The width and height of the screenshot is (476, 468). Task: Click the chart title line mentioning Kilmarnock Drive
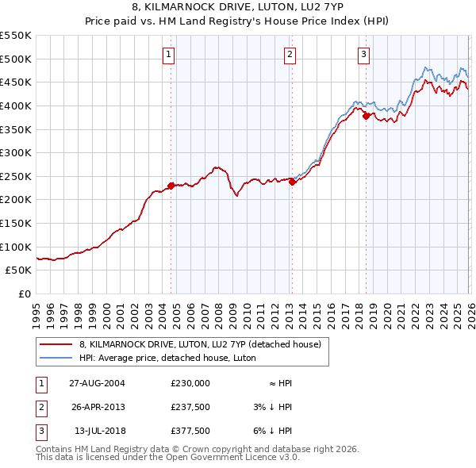tap(237, 8)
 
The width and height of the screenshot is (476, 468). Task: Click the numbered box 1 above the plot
tap(170, 55)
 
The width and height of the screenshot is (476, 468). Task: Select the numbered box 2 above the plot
tap(290, 55)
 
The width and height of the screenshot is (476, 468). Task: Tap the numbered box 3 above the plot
tap(363, 55)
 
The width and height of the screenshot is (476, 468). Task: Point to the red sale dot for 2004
tap(171, 186)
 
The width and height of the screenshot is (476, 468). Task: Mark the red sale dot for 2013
tap(291, 182)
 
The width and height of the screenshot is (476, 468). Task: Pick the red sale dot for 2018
tap(366, 117)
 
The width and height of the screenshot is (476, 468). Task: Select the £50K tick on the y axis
tap(19, 270)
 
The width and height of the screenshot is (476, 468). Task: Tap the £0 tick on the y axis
tap(25, 294)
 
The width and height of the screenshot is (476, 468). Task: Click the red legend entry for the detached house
tap(199, 344)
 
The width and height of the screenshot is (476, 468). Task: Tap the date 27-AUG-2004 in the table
tap(97, 383)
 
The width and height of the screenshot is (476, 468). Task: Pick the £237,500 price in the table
tap(190, 407)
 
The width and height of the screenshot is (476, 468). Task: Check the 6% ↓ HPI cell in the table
tap(274, 431)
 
